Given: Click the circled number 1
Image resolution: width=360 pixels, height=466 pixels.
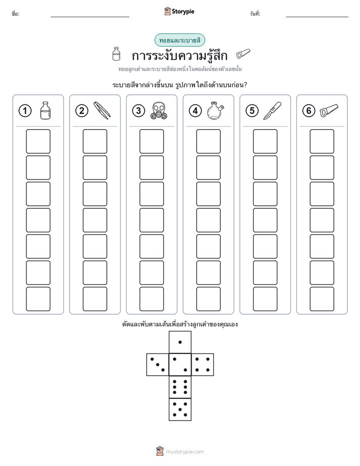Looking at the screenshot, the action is coord(25,111).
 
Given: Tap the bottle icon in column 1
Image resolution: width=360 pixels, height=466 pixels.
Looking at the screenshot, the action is coord(45,110).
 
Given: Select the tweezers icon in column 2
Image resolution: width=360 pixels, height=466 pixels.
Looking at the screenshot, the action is coord(102,110).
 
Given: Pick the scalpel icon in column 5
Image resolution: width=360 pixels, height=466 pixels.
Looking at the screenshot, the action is coord(272,110).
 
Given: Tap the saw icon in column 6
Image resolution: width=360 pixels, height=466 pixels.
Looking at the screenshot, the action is coord(329,110).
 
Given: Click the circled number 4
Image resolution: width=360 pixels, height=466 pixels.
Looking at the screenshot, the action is coord(195,111).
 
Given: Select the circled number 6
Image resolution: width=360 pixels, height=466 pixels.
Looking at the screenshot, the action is coord(309,111).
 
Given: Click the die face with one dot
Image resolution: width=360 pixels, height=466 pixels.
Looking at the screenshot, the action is coord(180,342).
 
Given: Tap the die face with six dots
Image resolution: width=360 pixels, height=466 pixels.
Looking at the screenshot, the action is coord(180,387).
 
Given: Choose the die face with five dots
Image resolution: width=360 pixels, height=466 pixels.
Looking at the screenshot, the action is coord(180,410).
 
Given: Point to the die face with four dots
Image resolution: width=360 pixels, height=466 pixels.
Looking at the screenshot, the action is coord(203,365).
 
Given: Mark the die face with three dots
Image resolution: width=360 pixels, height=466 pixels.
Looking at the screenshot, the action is coord(157,365).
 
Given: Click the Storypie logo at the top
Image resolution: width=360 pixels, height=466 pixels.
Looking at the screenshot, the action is coord(179,12).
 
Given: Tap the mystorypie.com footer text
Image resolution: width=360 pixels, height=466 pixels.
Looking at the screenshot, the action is coord(185,452).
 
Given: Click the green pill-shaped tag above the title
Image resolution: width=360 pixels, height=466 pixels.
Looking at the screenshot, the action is coord(179,40).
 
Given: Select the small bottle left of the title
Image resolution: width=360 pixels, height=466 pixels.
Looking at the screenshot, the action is coord(116,54).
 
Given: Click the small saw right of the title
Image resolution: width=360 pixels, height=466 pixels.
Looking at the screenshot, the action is coord(243,54).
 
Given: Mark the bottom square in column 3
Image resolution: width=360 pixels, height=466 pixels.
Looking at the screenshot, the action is coord(151,299).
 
